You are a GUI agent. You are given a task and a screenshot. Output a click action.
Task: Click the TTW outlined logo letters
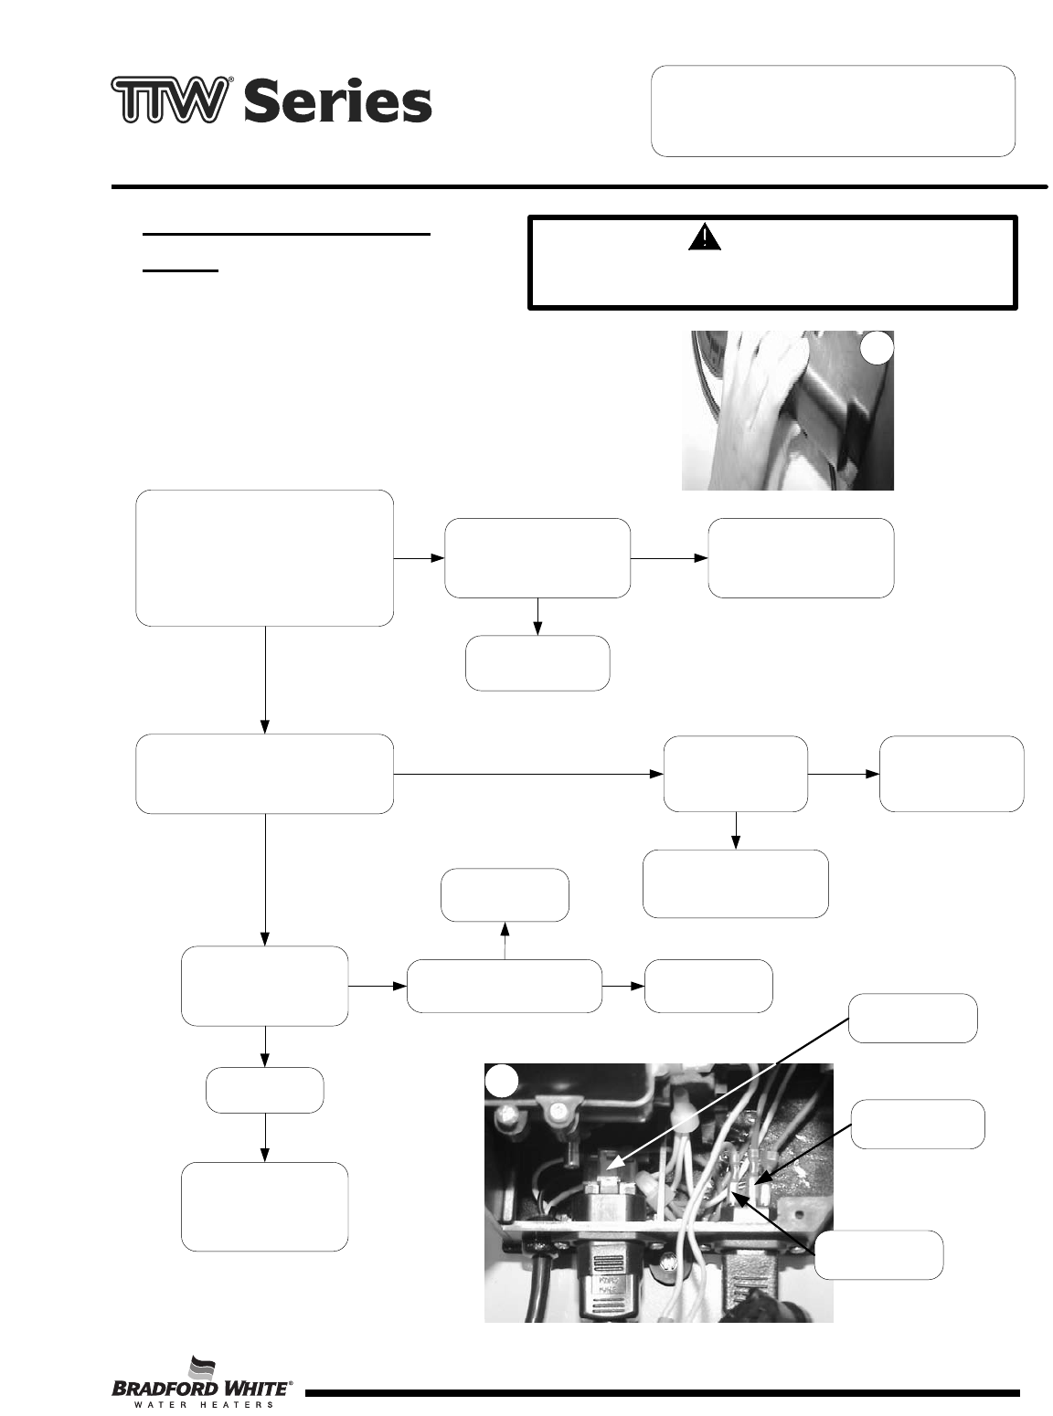pyautogui.click(x=168, y=100)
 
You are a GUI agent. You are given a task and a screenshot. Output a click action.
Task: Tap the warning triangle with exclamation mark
pyautogui.click(x=705, y=238)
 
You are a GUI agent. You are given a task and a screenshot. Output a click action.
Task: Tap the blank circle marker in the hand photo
pyautogui.click(x=876, y=348)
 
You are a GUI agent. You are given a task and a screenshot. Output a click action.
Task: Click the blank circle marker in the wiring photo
pyautogui.click(x=502, y=1081)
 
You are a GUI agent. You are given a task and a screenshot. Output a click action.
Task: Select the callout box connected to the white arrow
pyautogui.click(x=913, y=1018)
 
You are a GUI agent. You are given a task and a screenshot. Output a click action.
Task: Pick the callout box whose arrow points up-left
pyautogui.click(x=878, y=1254)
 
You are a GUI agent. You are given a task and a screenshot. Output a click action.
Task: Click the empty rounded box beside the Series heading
pyautogui.click(x=833, y=111)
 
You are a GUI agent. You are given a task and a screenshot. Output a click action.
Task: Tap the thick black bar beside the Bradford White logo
pyautogui.click(x=662, y=1393)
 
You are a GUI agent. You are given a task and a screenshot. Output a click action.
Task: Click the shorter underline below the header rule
pyautogui.click(x=181, y=270)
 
